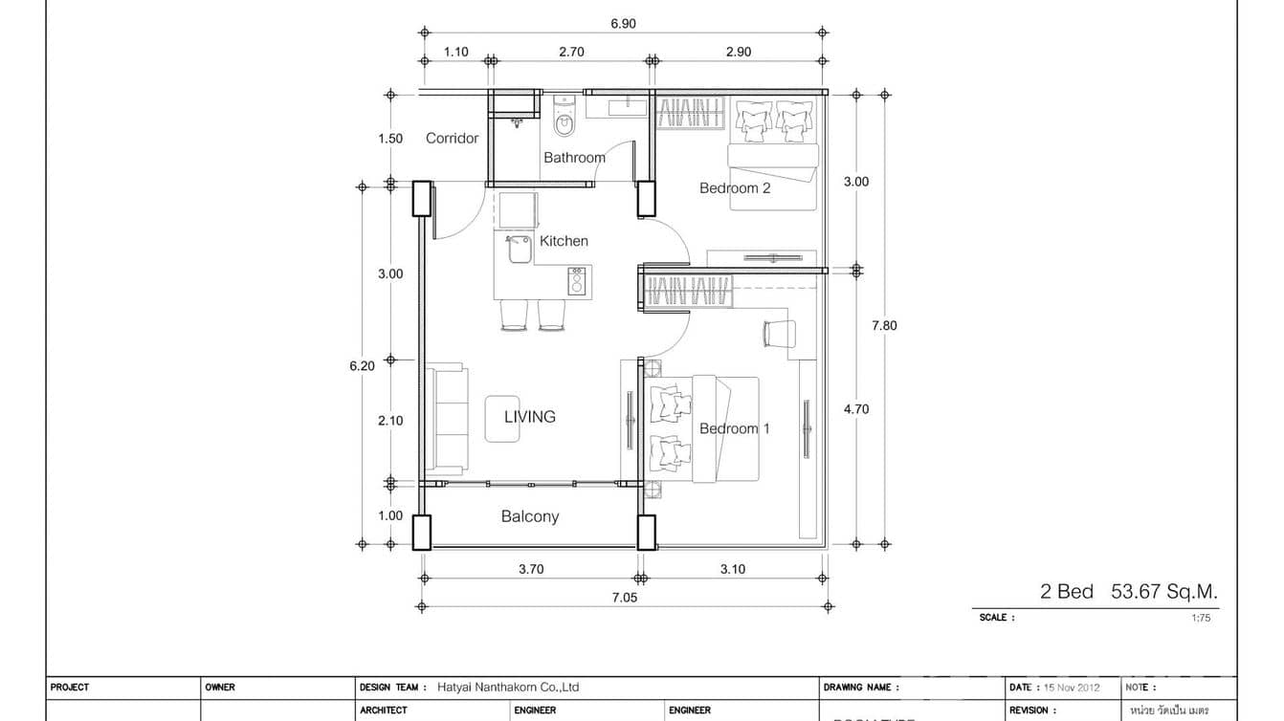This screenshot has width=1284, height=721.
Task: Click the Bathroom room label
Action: click(x=574, y=158)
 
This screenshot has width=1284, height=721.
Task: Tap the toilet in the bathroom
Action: click(x=564, y=121)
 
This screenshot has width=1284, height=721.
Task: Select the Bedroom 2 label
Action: click(x=735, y=188)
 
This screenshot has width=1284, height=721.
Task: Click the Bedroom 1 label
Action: click(x=734, y=428)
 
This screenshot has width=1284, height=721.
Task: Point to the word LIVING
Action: click(x=530, y=417)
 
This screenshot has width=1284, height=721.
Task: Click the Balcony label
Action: click(x=530, y=516)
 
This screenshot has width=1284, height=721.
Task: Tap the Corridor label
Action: click(x=452, y=139)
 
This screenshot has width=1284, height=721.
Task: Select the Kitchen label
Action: click(x=564, y=241)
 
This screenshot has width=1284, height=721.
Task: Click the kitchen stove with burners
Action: click(x=577, y=281)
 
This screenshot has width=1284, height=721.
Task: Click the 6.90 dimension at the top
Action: click(x=624, y=24)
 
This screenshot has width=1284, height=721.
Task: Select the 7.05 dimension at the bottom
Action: click(x=624, y=598)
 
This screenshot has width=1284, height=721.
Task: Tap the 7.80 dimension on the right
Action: click(x=884, y=325)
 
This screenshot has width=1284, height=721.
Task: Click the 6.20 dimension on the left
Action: click(x=362, y=364)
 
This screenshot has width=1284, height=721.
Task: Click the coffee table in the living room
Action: click(x=502, y=418)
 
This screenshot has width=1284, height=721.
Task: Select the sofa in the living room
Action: click(x=445, y=419)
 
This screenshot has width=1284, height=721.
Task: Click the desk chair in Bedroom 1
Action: click(x=780, y=334)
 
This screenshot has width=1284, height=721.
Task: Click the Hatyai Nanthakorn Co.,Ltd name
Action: click(x=508, y=688)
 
